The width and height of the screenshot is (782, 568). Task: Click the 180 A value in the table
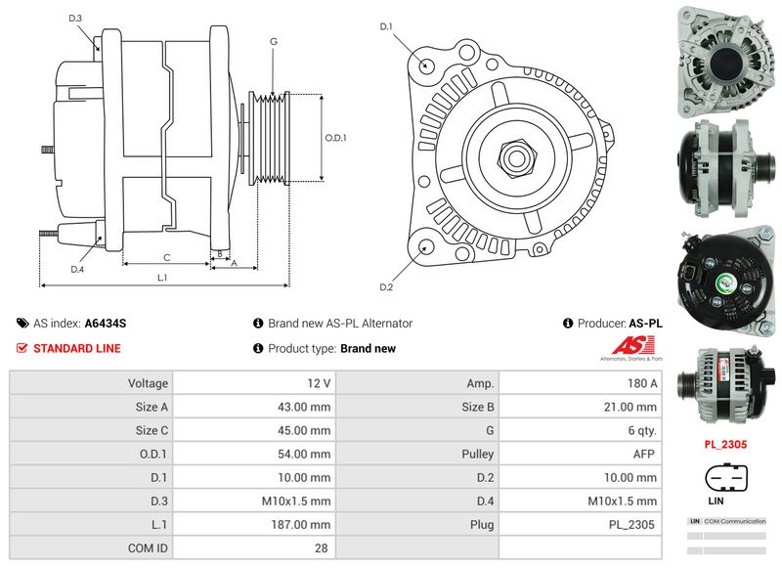[x=641, y=384]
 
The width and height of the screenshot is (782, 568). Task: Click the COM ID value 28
[x=321, y=548]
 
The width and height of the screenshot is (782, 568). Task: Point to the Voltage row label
[x=148, y=384]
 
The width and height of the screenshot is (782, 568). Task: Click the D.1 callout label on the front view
[x=385, y=26]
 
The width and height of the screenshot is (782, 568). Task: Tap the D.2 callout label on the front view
[x=385, y=287]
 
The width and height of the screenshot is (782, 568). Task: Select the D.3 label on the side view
[x=76, y=19]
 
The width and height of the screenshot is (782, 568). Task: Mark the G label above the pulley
[x=274, y=41]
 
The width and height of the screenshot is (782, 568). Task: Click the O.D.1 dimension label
[x=336, y=138]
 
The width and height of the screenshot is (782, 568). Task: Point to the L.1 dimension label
[x=163, y=278]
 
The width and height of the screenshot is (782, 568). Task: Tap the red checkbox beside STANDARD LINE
[x=22, y=348]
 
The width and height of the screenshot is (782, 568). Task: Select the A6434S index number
[x=106, y=323]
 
